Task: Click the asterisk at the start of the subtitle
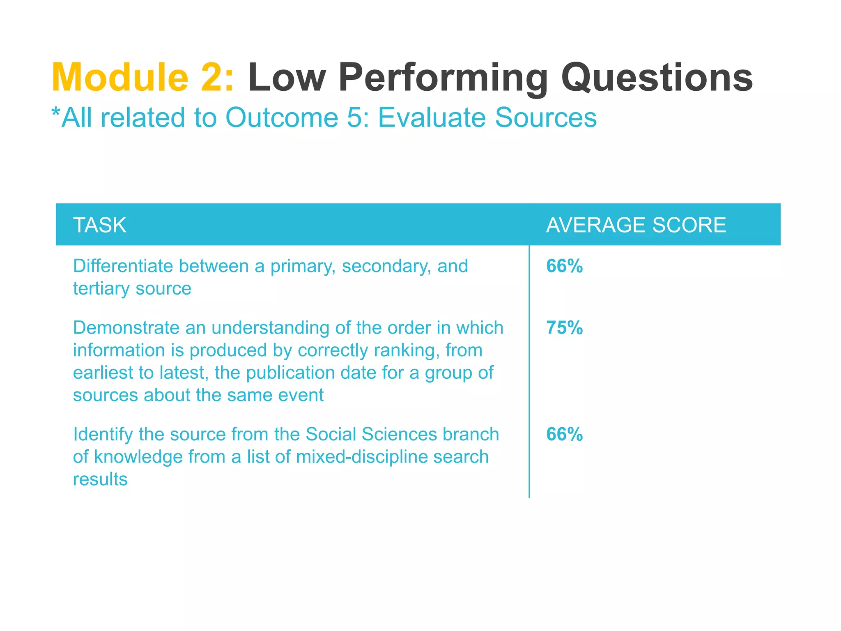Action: pyautogui.click(x=55, y=112)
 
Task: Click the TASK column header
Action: pyautogui.click(x=100, y=225)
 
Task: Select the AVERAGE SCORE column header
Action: pyautogui.click(x=636, y=225)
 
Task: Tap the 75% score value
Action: pyautogui.click(x=564, y=328)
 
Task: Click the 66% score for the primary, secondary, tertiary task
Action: pyautogui.click(x=564, y=266)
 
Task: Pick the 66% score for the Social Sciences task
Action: pyautogui.click(x=564, y=434)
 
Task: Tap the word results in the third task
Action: pyautogui.click(x=100, y=479)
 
